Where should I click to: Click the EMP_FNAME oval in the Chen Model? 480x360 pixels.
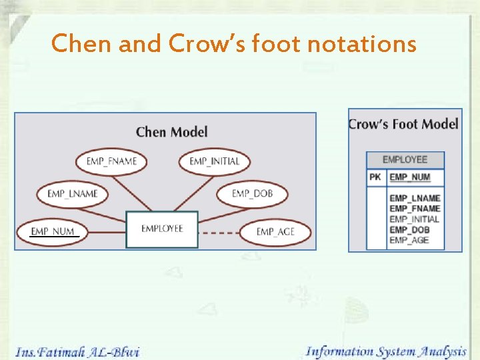coord(111,161)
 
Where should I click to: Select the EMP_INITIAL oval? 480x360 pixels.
coord(214,161)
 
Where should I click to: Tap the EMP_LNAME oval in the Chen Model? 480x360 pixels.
coord(72,194)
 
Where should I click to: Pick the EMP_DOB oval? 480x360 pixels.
coord(252,194)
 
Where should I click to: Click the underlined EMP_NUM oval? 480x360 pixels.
coord(53,231)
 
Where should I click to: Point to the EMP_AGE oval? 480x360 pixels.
coord(275,231)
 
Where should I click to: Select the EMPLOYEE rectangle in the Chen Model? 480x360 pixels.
coord(162,229)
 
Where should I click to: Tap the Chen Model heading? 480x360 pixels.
coord(171,132)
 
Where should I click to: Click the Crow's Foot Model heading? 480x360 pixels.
coord(403,124)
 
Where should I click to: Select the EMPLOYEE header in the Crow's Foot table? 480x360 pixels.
coord(405,160)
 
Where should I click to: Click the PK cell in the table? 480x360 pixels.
coord(375,177)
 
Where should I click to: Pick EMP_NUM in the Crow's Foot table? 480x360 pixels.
coord(410,177)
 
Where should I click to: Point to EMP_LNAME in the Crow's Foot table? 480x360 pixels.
coord(415,198)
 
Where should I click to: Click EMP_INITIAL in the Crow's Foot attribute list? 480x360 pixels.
coord(414,219)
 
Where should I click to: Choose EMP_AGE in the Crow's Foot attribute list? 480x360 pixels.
coord(409,240)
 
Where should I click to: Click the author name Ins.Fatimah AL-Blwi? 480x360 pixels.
coord(77,351)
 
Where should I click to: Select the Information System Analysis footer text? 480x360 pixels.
coord(386,351)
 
